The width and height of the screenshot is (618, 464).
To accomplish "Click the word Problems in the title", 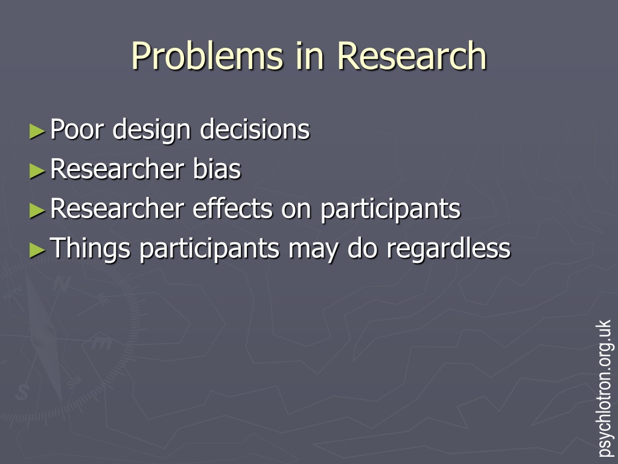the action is (x=208, y=56).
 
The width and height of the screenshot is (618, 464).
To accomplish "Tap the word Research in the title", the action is (x=412, y=56).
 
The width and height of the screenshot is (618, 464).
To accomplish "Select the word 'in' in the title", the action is (x=310, y=56).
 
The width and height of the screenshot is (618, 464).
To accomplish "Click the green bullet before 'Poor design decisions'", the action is (x=37, y=131).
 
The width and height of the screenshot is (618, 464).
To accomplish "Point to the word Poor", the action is (x=77, y=129).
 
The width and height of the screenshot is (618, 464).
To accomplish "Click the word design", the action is (x=151, y=130).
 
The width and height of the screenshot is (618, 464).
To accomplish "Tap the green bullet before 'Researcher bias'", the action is (x=37, y=171).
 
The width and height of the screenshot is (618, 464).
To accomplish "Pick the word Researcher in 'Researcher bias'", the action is (x=117, y=169).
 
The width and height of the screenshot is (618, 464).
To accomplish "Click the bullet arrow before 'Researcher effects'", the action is (x=37, y=210).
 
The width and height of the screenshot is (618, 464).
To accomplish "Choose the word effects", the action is (x=232, y=208).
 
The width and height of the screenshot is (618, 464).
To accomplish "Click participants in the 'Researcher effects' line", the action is (x=390, y=209).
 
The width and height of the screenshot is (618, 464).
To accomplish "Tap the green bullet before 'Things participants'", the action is (x=37, y=250).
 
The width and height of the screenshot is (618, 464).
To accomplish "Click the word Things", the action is (x=91, y=249).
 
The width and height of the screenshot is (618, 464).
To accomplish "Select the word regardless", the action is (x=448, y=249).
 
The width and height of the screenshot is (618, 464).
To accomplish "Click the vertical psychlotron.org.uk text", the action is (x=605, y=388).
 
